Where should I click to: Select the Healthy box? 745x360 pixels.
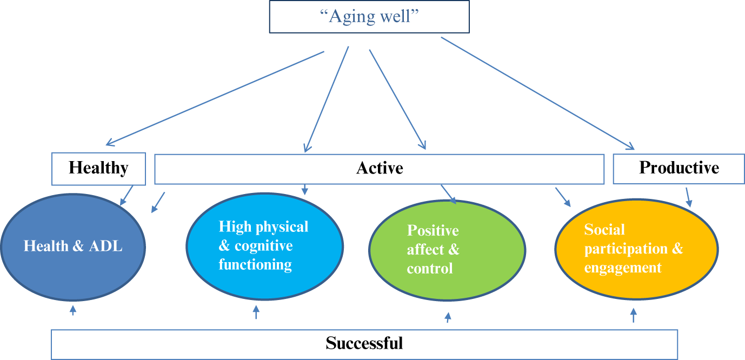point(98,168)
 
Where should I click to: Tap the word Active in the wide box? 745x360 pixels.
point(380,168)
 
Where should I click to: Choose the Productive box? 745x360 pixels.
point(679,168)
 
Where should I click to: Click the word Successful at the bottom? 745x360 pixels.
point(364,343)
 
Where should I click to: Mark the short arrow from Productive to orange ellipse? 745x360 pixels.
point(688,197)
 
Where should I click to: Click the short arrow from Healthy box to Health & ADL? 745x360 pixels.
point(127,195)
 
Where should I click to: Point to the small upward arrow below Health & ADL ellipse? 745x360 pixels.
point(73,310)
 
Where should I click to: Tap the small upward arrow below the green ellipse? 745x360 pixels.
point(447,317)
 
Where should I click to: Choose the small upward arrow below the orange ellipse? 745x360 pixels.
point(634,315)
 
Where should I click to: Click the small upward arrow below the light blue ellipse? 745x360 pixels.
point(256,312)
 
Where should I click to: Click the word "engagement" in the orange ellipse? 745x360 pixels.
point(622,268)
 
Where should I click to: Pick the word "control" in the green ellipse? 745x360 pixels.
point(430,268)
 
